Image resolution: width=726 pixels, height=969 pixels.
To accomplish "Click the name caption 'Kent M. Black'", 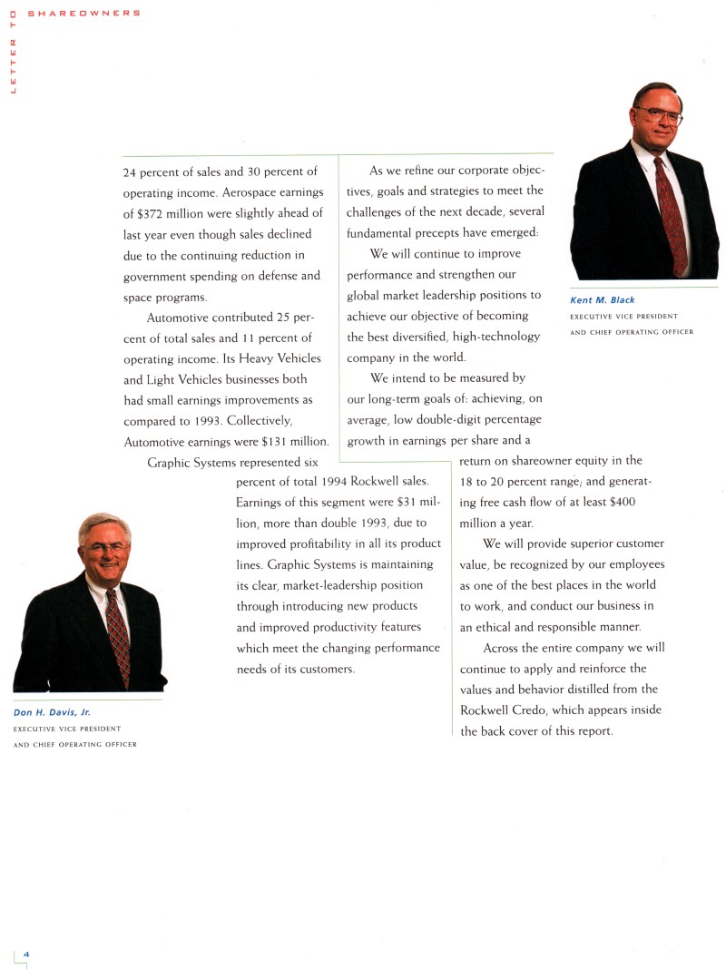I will tap(602, 300).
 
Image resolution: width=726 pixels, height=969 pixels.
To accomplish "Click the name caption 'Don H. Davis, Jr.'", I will tap(46, 712).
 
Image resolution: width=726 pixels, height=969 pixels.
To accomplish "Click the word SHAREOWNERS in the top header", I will tap(83, 13).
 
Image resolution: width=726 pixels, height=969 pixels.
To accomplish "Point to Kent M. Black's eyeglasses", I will tap(659, 115).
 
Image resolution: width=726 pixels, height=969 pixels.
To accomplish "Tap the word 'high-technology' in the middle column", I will tap(498, 337).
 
